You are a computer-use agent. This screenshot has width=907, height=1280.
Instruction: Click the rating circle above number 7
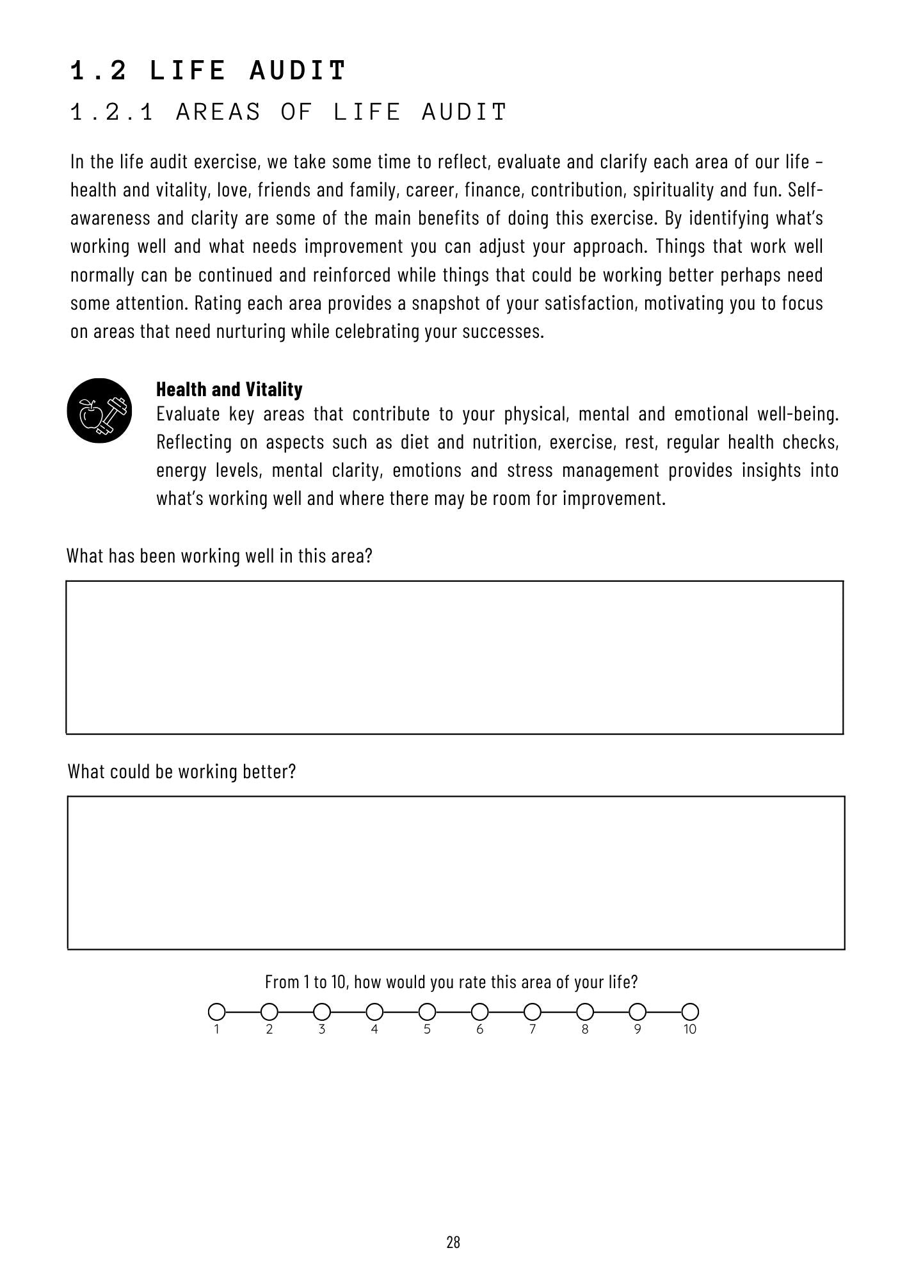click(x=532, y=1012)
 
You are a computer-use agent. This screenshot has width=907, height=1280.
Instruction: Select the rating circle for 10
click(x=689, y=1012)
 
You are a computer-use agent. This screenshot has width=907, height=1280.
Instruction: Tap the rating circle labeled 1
click(x=217, y=1012)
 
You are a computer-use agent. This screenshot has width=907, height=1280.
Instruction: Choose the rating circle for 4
click(x=374, y=1012)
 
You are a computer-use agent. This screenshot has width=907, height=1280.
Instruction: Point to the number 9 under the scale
click(x=637, y=1030)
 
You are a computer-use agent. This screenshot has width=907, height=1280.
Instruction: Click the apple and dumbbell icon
click(x=99, y=411)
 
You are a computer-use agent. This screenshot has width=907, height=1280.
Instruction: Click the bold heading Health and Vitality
click(x=229, y=389)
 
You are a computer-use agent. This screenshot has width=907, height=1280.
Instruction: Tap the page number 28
click(x=453, y=1242)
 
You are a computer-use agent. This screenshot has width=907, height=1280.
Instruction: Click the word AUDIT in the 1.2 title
click(x=298, y=70)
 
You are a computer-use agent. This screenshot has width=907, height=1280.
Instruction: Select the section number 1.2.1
click(x=112, y=112)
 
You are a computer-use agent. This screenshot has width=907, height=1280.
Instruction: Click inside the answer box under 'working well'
click(x=454, y=657)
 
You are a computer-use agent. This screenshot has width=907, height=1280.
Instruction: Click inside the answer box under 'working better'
click(x=456, y=872)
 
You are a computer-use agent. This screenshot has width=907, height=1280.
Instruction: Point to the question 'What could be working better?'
click(x=182, y=771)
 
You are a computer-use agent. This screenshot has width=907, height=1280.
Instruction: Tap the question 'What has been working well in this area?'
click(x=219, y=556)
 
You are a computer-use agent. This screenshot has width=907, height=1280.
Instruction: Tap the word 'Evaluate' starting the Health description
click(x=188, y=414)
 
